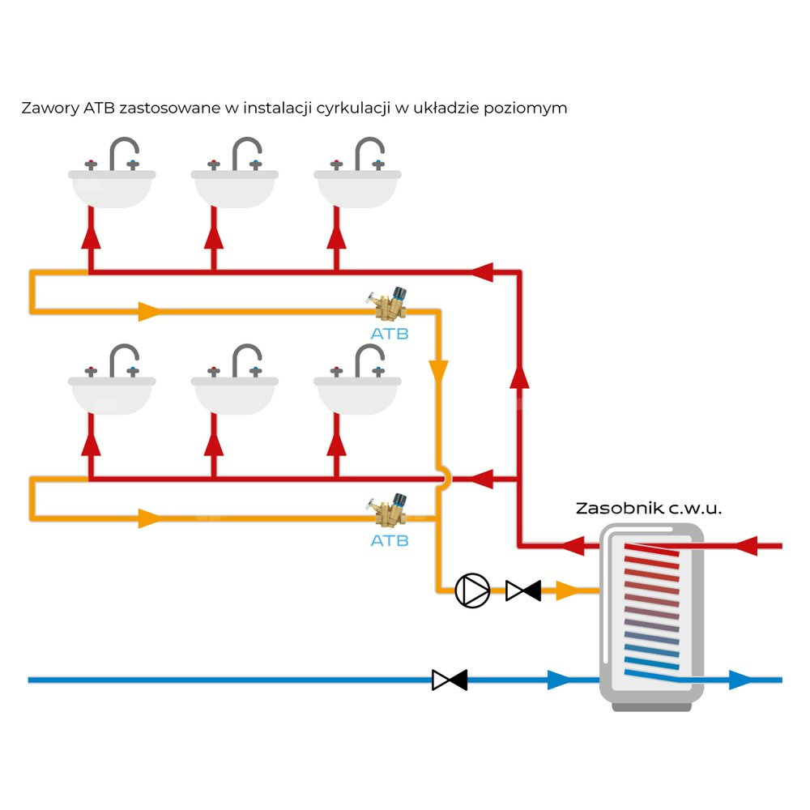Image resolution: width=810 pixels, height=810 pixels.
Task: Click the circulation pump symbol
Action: click(472, 590)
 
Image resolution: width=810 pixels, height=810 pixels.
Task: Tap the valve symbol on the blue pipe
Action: click(450, 680)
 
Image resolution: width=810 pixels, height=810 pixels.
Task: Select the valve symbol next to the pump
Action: click(523, 591)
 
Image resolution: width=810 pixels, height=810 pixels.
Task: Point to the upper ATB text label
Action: click(390, 333)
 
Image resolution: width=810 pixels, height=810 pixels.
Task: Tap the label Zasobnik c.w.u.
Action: click(648, 509)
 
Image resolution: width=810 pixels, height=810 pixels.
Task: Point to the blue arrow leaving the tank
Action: click(740, 680)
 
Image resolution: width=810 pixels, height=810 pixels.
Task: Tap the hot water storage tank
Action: click(650, 616)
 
